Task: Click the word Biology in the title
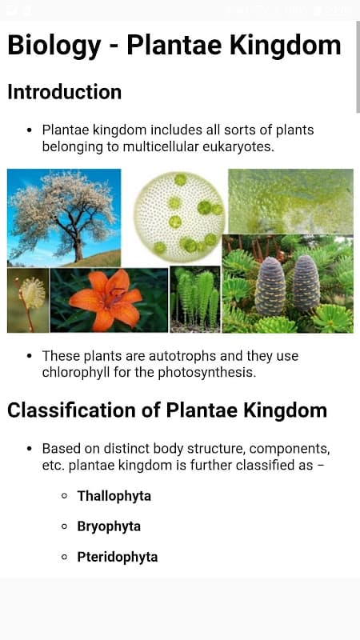tap(54, 46)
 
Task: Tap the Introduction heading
tap(65, 92)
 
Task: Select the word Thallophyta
tap(114, 496)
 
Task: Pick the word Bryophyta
tap(109, 526)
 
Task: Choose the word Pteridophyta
tap(118, 557)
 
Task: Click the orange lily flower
tap(106, 300)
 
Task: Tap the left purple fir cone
tap(270, 286)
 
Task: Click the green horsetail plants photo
tap(195, 299)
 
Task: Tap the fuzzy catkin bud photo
tap(28, 300)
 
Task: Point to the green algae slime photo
tap(290, 202)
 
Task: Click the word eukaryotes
tap(238, 147)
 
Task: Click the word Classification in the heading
tap(71, 410)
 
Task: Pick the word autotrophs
tap(182, 356)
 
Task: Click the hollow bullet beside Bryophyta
tap(64, 526)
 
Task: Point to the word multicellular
tap(161, 147)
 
